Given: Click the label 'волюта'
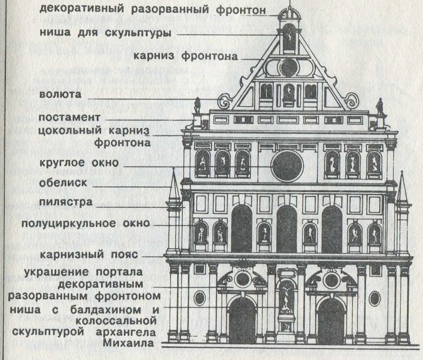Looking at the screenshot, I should click(60, 94).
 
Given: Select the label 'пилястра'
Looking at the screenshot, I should click(65, 203).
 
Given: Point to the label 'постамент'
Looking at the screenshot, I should click(70, 117).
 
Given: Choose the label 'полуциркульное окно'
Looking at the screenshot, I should click(86, 223).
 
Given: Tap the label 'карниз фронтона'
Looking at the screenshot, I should click(186, 56).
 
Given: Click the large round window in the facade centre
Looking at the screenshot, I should click(287, 165).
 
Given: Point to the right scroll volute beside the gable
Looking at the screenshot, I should click(350, 101).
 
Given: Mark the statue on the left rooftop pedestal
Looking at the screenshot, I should click(198, 105).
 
